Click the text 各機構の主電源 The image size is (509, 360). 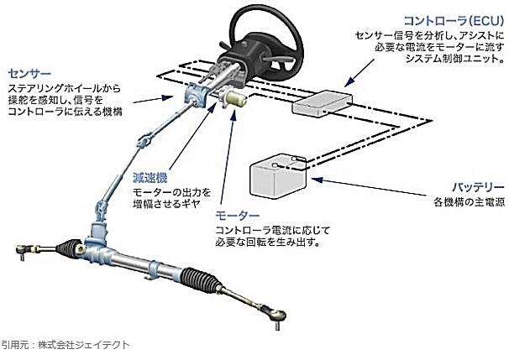[469, 203]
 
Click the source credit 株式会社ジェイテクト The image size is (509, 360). [87, 345]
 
